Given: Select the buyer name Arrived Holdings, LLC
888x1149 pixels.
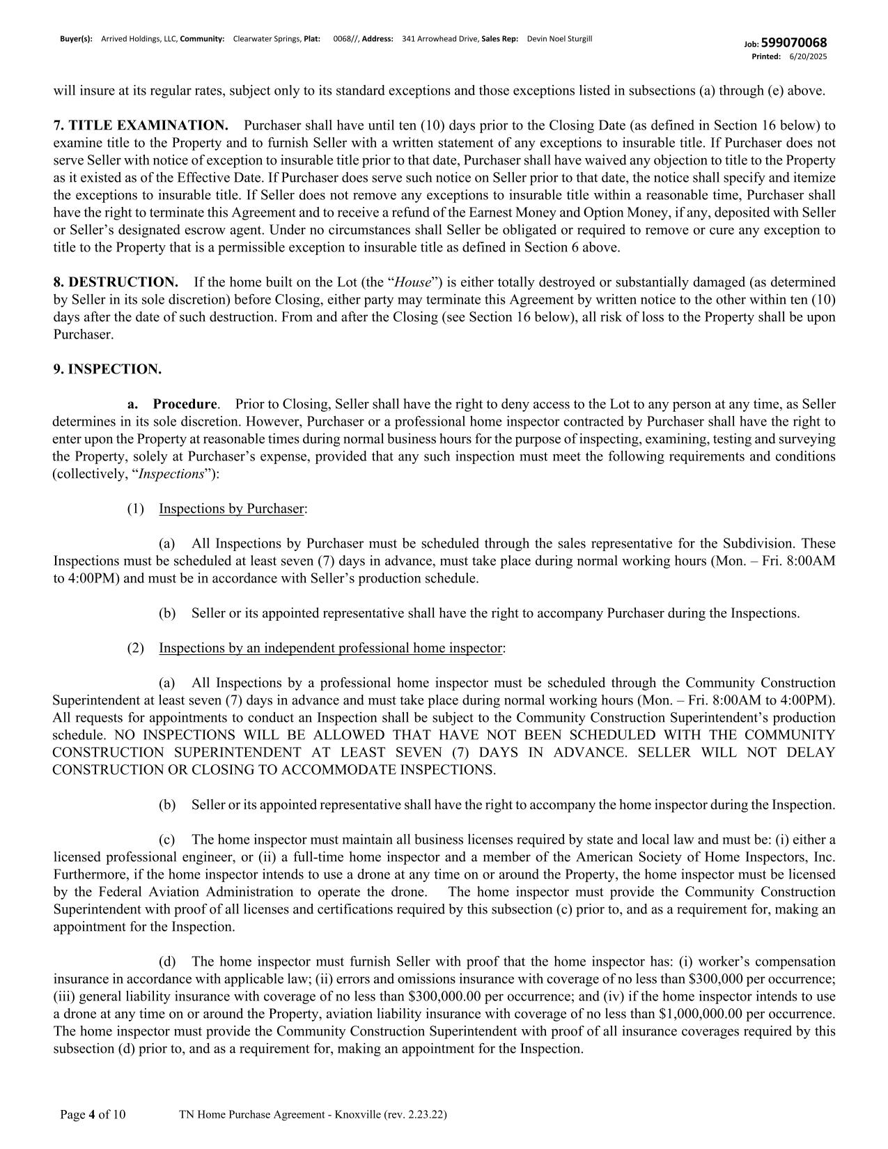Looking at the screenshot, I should [x=139, y=39].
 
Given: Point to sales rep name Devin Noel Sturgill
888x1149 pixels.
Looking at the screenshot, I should [x=559, y=39].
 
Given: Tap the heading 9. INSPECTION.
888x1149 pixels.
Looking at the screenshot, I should [x=107, y=369].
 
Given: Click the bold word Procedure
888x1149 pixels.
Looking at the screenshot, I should [x=185, y=404].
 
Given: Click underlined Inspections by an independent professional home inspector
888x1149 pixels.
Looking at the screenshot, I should [x=330, y=648].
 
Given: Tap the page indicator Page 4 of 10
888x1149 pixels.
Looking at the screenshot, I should [x=93, y=1115].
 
